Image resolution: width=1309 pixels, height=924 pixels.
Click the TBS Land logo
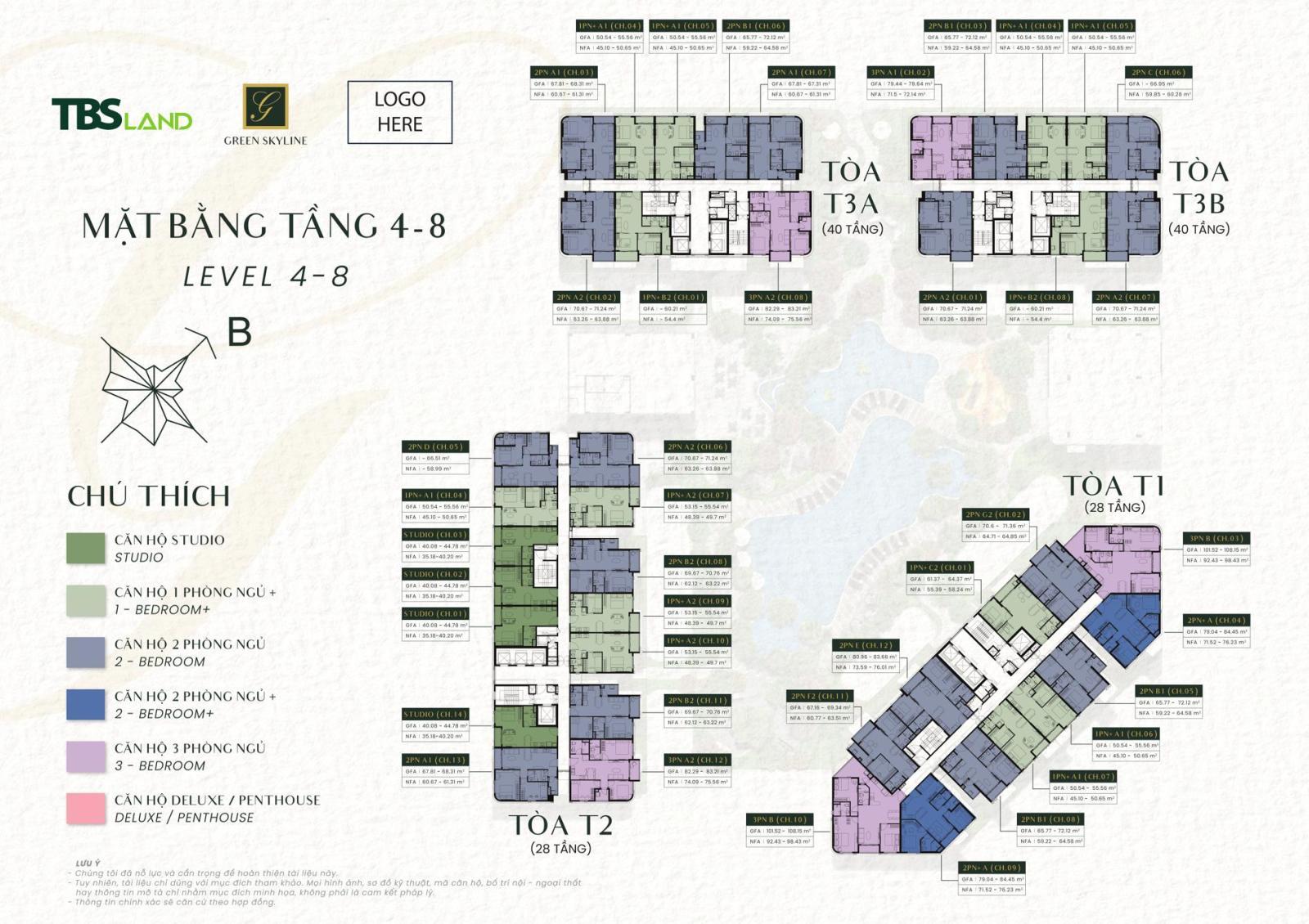[122, 115]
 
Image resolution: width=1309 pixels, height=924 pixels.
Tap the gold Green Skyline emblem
[265, 106]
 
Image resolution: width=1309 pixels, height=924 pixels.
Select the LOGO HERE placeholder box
[399, 112]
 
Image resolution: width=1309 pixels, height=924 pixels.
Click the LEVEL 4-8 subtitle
[266, 276]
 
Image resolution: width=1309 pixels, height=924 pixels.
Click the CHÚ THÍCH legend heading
[148, 496]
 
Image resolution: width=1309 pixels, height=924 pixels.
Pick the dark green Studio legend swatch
[86, 548]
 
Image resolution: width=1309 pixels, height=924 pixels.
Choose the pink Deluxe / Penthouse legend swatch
[86, 808]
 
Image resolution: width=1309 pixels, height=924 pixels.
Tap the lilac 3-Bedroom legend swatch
[86, 756]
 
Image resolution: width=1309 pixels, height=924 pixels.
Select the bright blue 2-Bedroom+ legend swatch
[86, 704]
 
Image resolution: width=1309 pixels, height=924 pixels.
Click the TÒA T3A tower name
[852, 187]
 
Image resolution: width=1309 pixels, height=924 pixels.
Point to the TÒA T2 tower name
[561, 825]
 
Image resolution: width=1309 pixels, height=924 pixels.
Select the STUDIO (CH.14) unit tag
[436, 714]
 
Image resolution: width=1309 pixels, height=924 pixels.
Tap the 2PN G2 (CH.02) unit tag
[995, 514]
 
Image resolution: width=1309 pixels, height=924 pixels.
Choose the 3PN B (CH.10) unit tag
[779, 819]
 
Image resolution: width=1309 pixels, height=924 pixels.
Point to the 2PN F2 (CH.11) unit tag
[819, 696]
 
